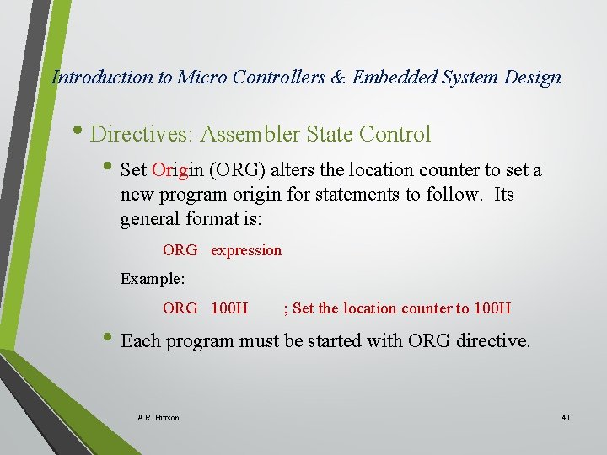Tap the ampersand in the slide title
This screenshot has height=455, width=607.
pos(338,78)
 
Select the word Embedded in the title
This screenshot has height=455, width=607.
pos(392,78)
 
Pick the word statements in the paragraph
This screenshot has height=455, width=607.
pos(354,195)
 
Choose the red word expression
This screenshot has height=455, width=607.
pos(246,250)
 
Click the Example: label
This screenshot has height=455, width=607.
pos(152,278)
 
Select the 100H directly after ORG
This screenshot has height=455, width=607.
pos(229,308)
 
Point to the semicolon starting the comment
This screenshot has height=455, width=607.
pos(287,308)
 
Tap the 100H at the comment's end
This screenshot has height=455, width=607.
pos(492,308)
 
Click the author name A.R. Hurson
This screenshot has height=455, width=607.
pos(158,417)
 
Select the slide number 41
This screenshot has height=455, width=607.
pos(565,417)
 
